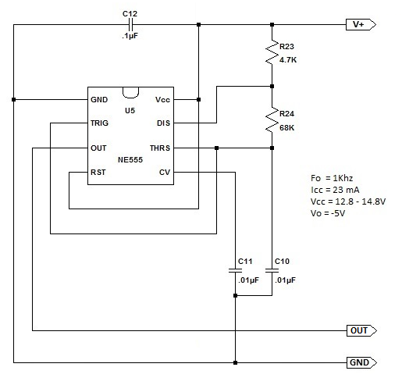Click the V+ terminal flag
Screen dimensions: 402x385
[x=361, y=25]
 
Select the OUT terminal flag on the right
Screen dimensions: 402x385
[x=361, y=330]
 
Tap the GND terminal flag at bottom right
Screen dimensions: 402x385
[x=361, y=362]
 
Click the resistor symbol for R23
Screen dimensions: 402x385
[x=272, y=52]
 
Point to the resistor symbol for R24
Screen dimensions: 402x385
[x=272, y=119]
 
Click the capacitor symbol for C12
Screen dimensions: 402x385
[x=130, y=25]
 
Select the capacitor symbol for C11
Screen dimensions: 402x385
[x=235, y=270]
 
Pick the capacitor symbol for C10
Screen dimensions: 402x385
[x=272, y=270]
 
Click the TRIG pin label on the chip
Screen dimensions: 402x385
[x=99, y=123]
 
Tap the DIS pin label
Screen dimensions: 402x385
[x=163, y=123]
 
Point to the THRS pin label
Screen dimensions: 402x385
[x=160, y=148]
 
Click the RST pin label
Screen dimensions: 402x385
[x=98, y=173]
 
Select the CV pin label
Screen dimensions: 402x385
[x=165, y=173]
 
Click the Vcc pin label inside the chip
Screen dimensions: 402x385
[x=162, y=100]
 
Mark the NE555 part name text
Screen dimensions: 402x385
[x=130, y=159]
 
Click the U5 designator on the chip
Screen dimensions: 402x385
[x=130, y=111]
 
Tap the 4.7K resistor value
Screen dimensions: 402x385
[x=288, y=60]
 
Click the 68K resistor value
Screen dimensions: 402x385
[x=287, y=128]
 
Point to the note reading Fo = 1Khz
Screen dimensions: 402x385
[x=332, y=178]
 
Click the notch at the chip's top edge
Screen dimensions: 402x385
[x=130, y=98]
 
